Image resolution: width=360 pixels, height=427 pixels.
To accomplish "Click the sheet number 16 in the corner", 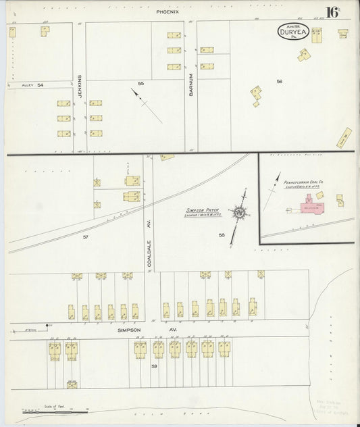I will [332, 12].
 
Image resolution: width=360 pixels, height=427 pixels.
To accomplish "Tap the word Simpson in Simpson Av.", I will [128, 330].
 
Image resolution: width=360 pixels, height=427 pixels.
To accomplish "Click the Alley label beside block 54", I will [26, 85].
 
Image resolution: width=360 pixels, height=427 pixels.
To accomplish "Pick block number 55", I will [141, 83].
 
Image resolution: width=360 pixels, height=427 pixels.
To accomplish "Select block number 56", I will [278, 81].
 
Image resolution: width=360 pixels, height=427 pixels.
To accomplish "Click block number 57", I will [86, 236].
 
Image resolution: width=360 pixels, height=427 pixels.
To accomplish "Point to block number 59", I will [154, 366].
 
